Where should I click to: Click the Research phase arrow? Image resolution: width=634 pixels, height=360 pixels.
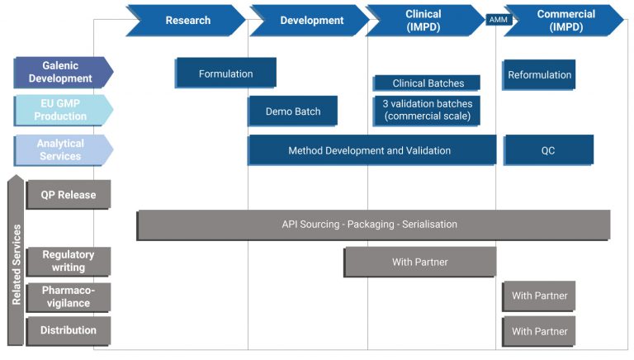(x=187, y=20)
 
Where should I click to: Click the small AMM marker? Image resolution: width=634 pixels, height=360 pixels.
(x=499, y=20)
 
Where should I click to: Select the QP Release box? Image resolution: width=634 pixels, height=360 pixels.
(x=69, y=195)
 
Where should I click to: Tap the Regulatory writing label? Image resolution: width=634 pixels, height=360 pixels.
(x=69, y=262)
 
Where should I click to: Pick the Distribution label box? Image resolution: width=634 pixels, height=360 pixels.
(x=69, y=331)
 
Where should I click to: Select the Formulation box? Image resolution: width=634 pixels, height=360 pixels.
(x=225, y=73)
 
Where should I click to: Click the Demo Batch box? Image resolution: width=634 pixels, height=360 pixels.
(x=292, y=111)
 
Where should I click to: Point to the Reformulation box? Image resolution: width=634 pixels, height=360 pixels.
(x=539, y=74)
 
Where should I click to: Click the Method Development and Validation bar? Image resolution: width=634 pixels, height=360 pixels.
(x=371, y=150)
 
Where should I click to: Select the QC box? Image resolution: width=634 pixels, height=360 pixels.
(x=548, y=150)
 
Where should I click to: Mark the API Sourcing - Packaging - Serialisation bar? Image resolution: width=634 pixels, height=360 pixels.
(x=373, y=225)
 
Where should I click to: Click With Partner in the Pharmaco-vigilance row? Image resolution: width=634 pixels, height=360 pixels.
(x=539, y=296)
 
